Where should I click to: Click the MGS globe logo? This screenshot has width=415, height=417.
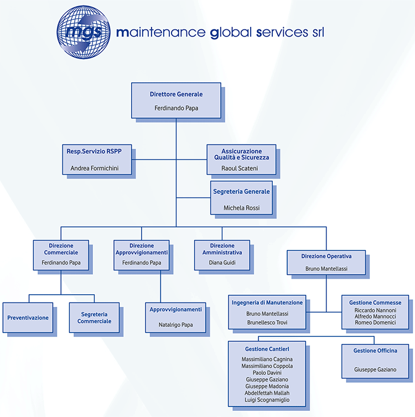coord(84,32)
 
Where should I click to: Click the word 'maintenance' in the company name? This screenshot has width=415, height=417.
coord(161,33)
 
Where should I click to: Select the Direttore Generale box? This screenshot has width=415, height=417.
coord(176,101)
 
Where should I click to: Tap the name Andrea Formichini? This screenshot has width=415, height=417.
coord(95,168)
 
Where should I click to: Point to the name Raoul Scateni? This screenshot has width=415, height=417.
coord(240,168)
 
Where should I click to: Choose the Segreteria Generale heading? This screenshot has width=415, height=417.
coord(241,191)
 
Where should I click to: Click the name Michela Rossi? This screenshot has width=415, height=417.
coord(242,208)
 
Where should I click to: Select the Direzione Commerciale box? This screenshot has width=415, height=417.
coord(61,256)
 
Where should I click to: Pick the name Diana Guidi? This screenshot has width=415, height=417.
coord(222,263)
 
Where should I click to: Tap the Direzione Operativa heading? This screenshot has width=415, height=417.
coord(326,256)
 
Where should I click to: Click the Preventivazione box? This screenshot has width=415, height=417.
coord(28,317)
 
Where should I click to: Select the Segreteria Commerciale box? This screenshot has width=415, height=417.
coord(94,317)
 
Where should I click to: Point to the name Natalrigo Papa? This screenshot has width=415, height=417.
coord(175,325)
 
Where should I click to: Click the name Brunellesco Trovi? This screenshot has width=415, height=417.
coord(267,322)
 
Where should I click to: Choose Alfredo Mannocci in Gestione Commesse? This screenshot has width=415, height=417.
coord(375,316)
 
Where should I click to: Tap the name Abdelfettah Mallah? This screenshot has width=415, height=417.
coord(267,393)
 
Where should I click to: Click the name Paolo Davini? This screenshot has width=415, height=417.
coord(267,373)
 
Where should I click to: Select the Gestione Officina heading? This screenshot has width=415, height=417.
coord(375,351)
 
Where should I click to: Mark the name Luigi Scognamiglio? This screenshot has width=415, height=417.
coord(267,400)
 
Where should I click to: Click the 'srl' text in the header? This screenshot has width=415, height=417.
coord(318,32)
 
